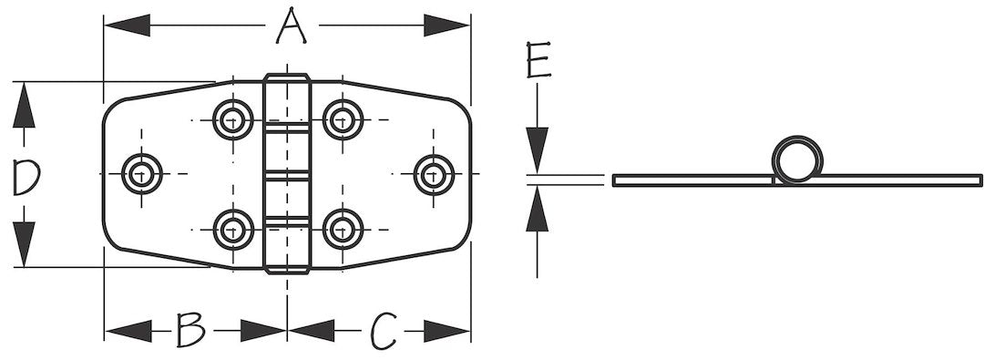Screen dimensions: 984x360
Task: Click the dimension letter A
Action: coord(292,26)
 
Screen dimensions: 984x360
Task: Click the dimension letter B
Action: coord(190,330)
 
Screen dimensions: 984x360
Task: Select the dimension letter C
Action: coord(383,331)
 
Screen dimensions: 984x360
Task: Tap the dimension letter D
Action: coord(26,177)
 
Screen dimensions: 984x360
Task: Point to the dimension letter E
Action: coord(538,60)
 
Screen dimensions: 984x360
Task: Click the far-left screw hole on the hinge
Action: coord(142,174)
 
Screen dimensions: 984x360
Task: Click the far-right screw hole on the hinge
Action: coord(435,174)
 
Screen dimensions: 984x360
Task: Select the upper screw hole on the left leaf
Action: coord(233,119)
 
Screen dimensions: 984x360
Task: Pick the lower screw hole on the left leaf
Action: coord(233,230)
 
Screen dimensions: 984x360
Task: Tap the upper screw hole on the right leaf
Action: coord(343,119)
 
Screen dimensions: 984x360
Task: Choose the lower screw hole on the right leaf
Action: coord(343,230)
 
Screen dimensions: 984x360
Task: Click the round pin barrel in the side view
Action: coord(797,159)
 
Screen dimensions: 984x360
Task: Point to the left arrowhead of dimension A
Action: coord(128,26)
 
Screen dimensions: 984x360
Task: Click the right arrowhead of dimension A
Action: coord(446,26)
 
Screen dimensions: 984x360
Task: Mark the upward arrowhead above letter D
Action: coord(24,106)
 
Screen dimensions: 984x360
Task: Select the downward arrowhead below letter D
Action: coord(24,243)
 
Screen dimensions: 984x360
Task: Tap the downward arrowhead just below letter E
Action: coord(538,150)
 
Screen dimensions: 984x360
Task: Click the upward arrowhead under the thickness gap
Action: coord(538,209)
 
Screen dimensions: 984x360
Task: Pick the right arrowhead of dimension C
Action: coord(446,331)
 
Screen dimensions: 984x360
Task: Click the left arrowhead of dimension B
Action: coord(128,331)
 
